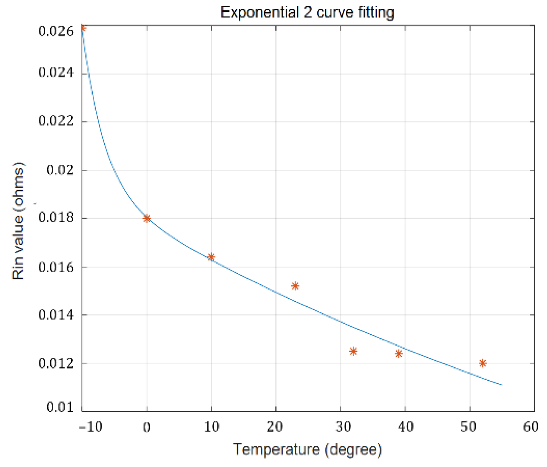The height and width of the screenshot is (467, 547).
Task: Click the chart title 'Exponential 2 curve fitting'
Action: [x=307, y=13]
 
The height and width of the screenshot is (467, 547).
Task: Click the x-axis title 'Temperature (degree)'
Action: [x=307, y=449]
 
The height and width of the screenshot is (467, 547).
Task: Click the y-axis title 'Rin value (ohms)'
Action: [x=18, y=221]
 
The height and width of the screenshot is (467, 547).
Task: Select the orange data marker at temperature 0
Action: [x=147, y=218]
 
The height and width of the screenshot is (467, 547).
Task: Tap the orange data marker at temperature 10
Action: [x=211, y=257]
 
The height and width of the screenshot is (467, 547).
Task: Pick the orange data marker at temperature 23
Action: [x=295, y=286]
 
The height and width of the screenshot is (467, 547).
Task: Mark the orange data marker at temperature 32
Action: [x=353, y=351]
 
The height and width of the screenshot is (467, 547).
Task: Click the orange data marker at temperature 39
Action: [x=398, y=353]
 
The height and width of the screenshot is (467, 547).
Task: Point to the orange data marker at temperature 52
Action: [x=483, y=363]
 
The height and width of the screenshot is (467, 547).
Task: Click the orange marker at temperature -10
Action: [x=83, y=28]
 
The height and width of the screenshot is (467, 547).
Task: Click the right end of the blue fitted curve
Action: [x=501, y=384]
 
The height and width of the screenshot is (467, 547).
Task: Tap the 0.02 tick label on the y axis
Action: [x=60, y=170]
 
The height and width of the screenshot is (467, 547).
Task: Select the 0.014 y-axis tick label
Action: [x=56, y=315]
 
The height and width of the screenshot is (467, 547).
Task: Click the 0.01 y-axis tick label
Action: [x=60, y=407]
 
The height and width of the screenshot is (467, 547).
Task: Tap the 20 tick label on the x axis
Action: [x=275, y=426]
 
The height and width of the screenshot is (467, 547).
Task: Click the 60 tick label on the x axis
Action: [x=531, y=426]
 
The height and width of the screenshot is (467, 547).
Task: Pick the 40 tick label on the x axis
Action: [x=405, y=426]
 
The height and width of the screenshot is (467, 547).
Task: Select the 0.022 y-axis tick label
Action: [x=56, y=121]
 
